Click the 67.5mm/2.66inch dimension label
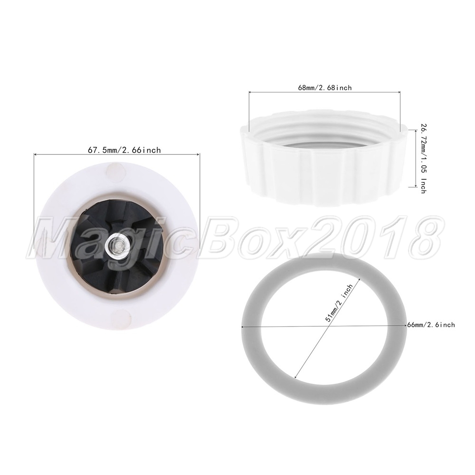click(x=124, y=150)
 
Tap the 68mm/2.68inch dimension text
click(x=325, y=87)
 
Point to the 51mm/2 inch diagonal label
click(x=339, y=303)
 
